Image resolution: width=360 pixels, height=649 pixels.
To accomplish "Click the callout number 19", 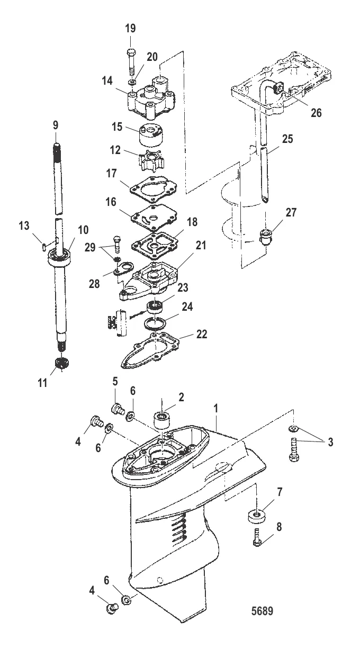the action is pyautogui.click(x=130, y=29).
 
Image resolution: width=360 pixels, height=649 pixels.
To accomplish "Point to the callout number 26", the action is pyautogui.click(x=316, y=113).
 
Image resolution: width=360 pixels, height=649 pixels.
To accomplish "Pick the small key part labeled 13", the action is pyautogui.click(x=44, y=247).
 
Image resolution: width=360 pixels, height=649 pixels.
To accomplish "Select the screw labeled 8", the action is pyautogui.click(x=257, y=538).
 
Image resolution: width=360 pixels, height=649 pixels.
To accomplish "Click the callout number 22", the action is pyautogui.click(x=202, y=334).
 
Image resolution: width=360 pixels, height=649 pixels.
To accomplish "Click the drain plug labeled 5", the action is pyautogui.click(x=118, y=409).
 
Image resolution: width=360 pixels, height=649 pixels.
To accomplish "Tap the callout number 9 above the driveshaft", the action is pyautogui.click(x=56, y=125).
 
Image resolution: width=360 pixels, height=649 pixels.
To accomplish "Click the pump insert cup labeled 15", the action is pyautogui.click(x=151, y=135).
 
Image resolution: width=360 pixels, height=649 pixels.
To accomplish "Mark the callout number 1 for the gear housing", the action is pyautogui.click(x=215, y=409).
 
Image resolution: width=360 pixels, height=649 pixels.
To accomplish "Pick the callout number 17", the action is pyautogui.click(x=111, y=174).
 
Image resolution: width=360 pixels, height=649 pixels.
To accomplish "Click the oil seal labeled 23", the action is pyautogui.click(x=155, y=307).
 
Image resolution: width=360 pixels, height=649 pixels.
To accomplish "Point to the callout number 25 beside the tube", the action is pyautogui.click(x=288, y=139).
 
